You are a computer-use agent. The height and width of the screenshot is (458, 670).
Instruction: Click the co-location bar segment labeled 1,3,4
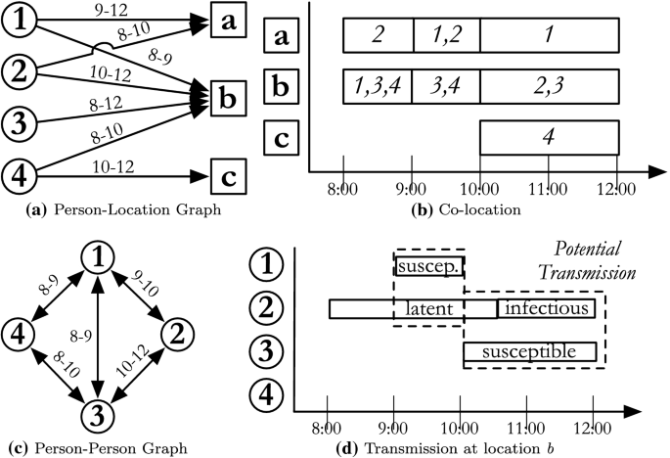click(378, 87)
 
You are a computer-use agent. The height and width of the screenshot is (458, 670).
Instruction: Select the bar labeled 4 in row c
click(549, 138)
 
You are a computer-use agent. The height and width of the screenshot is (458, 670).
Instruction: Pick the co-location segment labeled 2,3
click(549, 87)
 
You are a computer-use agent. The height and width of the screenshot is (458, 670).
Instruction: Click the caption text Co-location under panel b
click(460, 209)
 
